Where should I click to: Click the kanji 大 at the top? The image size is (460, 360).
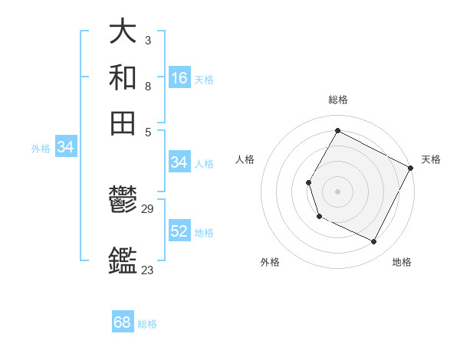coord(123,31)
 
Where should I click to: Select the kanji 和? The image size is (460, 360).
coord(123,77)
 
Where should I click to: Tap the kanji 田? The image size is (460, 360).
coord(123,123)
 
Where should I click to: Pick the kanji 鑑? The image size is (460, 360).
coord(123,260)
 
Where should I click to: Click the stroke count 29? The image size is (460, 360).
coord(148,209)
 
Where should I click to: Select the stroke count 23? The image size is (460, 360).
coord(148,270)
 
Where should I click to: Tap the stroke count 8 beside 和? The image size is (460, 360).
coord(147,87)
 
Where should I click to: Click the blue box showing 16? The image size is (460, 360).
coord(179,77)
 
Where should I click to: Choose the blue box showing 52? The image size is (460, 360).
coord(179,231)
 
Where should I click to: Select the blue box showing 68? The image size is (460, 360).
coord(123,322)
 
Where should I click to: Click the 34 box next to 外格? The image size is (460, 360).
coord(65,148)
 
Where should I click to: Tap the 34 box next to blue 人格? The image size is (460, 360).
coord(179,162)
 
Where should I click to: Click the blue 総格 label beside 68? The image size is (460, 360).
coord(147,324)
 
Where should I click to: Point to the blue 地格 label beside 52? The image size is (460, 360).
coord(204,233)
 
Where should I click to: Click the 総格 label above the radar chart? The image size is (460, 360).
coord(337,100)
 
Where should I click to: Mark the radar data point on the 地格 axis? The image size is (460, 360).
coord(374,242)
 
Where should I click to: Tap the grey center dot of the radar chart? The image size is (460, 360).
coord(337,191)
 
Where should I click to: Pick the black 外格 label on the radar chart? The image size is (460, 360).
coord(270,262)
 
